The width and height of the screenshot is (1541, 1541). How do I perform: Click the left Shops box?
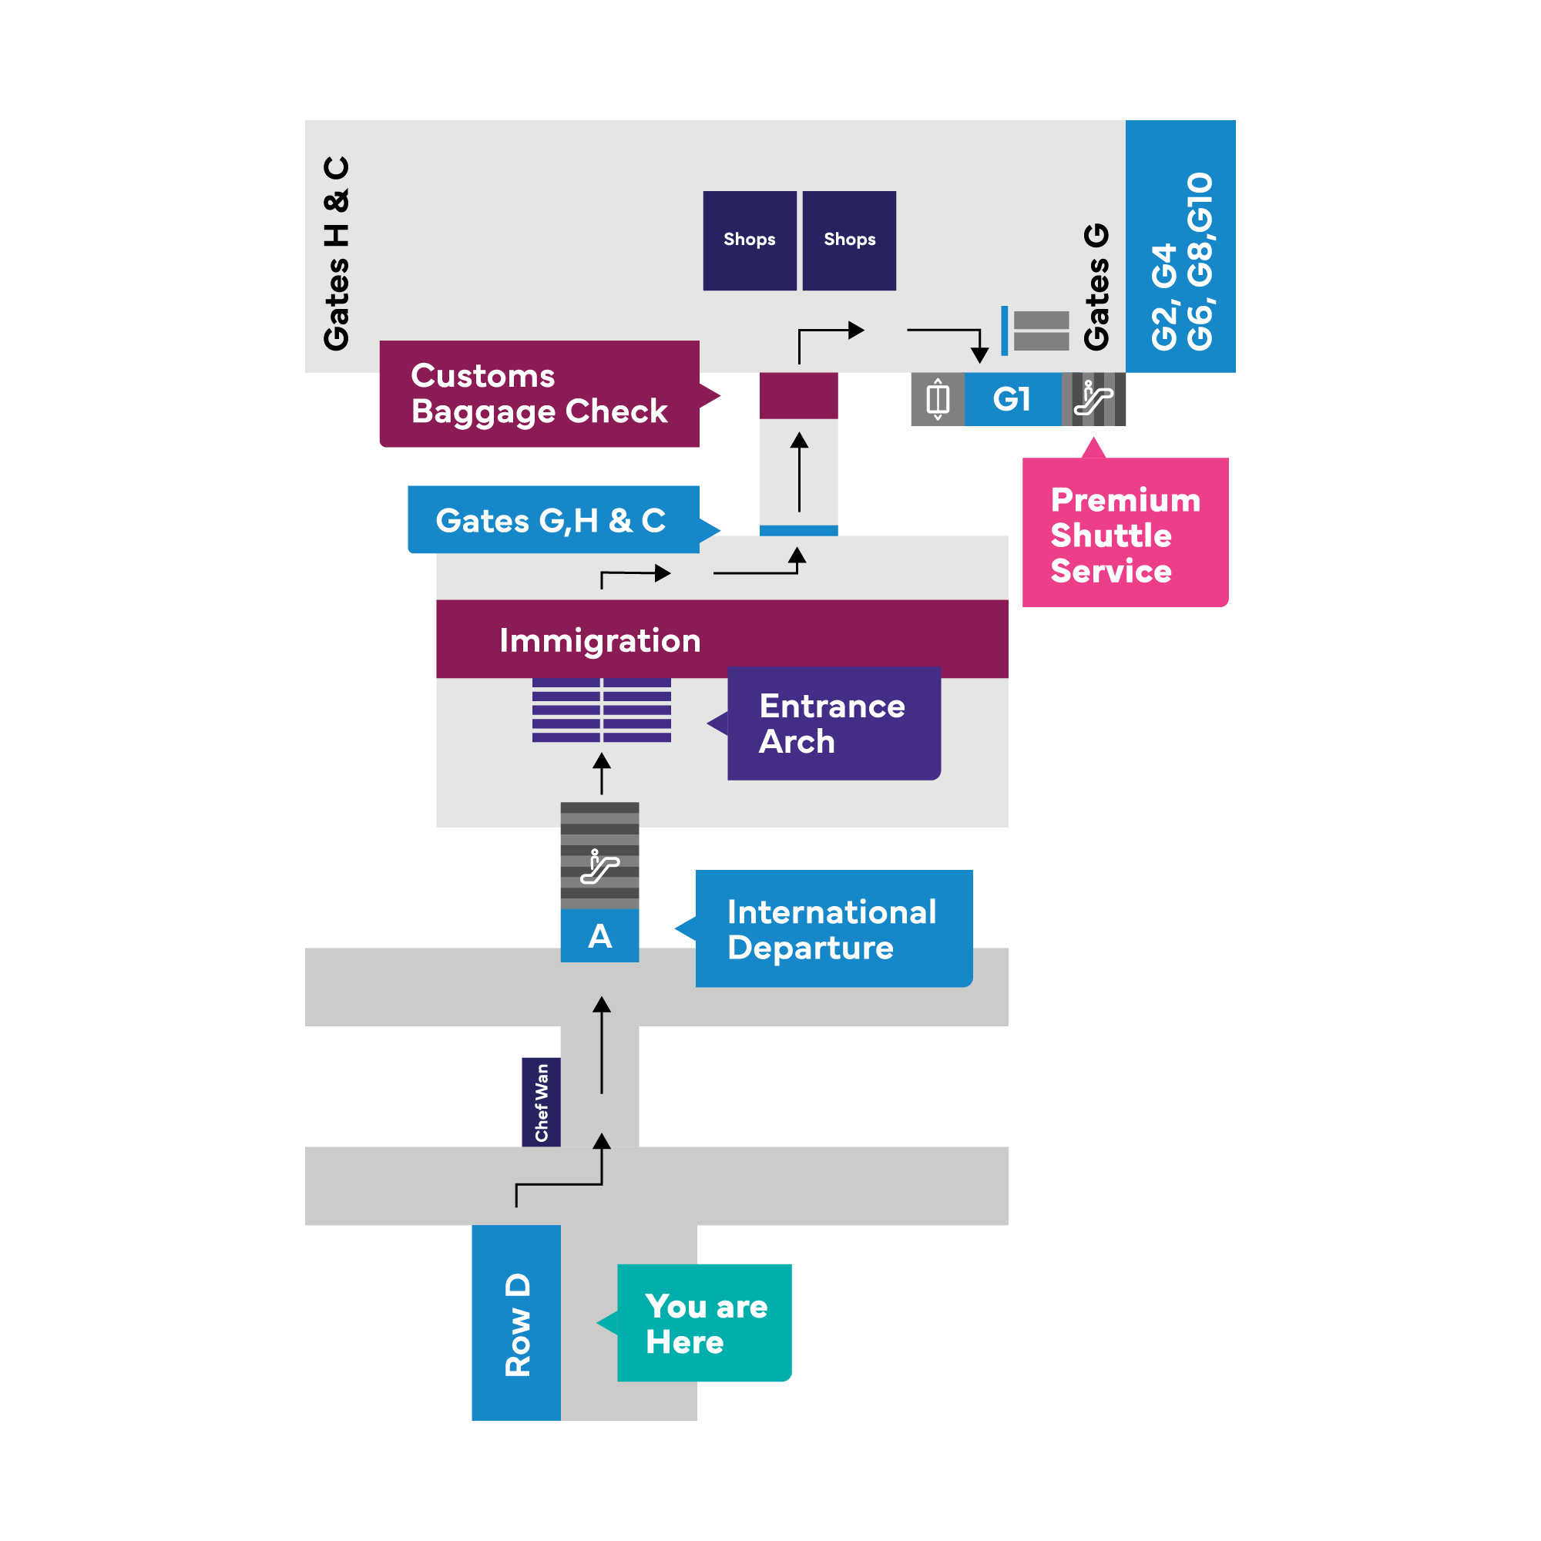(750, 240)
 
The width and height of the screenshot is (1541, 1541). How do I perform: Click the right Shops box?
(848, 240)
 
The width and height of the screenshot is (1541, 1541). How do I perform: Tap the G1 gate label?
(1013, 399)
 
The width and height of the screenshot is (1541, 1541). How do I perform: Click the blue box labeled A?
(599, 935)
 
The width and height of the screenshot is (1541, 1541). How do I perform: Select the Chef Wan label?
(542, 1103)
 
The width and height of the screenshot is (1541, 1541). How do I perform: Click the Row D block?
(516, 1323)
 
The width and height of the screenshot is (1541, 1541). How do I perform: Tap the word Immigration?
(599, 640)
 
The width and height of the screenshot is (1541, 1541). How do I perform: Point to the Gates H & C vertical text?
(337, 253)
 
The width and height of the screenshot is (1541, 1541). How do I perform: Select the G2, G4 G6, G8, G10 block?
(1180, 247)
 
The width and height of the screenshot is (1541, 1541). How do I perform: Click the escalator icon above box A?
(599, 867)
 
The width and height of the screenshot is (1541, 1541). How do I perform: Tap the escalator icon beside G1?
(1093, 399)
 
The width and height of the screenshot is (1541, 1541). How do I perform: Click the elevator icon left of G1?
(938, 399)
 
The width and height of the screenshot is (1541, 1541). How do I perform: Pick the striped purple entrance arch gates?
(602, 710)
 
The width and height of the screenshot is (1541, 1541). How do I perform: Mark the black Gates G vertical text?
(1096, 287)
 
